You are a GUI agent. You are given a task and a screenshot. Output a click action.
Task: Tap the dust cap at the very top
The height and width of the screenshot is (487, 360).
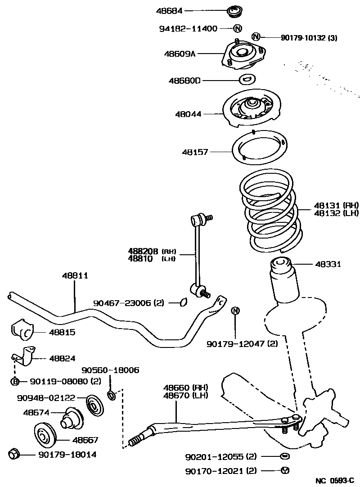[x=234, y=10]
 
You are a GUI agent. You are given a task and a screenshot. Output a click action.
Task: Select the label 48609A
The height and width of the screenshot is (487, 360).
[x=180, y=54]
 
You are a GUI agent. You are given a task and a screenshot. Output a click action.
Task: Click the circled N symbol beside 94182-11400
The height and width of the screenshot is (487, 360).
[x=238, y=28]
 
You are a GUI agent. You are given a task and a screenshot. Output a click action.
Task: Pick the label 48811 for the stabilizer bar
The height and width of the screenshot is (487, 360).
[x=75, y=275]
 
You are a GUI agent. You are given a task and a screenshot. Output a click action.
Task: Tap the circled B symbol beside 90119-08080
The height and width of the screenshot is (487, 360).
[x=15, y=382]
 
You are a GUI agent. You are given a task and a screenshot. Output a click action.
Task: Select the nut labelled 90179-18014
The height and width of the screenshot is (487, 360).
[x=14, y=454]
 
